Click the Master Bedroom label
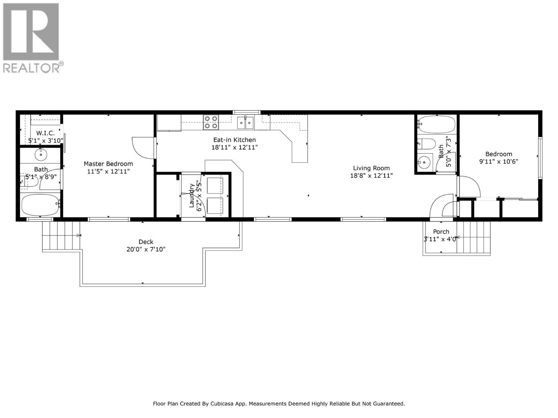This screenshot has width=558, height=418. tap(108, 164)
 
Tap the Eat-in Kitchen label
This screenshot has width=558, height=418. tap(234, 140)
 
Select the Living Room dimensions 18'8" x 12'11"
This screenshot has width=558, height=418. tap(371, 175)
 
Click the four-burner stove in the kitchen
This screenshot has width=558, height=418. tap(211, 122)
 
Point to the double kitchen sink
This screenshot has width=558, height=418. tap(245, 123)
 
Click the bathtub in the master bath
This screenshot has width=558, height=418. tap(41, 205)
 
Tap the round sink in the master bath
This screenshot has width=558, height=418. tap(41, 155)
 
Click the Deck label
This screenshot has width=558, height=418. tap(146, 242)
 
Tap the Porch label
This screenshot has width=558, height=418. tap(441, 232)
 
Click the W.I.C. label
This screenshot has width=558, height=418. tap(45, 133)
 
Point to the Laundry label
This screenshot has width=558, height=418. tap(192, 195)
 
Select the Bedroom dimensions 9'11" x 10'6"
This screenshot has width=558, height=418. tap(498, 161)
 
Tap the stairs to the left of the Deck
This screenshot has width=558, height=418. tap(61, 235)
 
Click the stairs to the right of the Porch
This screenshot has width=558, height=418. tap(473, 238)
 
